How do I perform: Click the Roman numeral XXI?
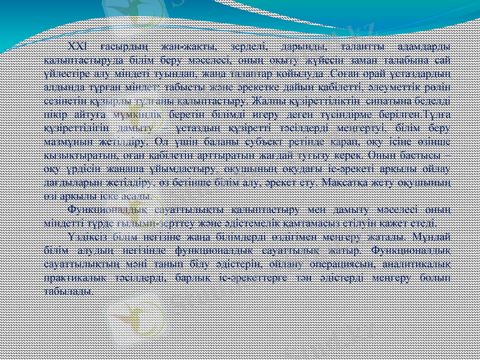pos(79,47)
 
